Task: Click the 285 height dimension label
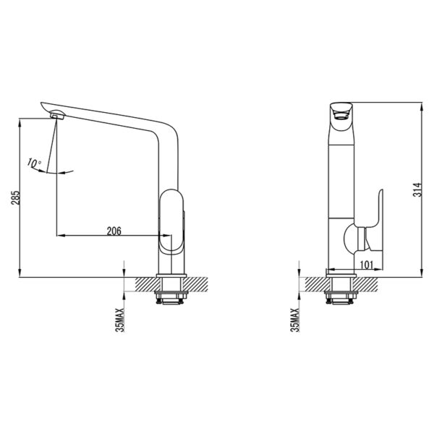coord(15,197)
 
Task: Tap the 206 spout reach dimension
coord(114,231)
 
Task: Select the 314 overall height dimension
coord(417,190)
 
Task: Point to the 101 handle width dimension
coord(367,265)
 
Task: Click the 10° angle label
coord(34,163)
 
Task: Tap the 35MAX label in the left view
coord(120,320)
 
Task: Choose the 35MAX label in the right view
coord(295,320)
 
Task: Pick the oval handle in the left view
coord(171,221)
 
